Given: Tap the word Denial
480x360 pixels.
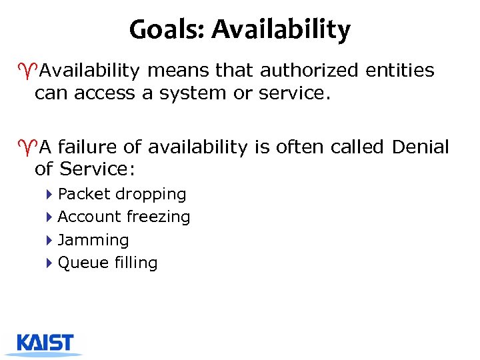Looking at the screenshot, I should click(x=421, y=147).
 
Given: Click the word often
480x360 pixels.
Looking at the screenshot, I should click(x=293, y=147).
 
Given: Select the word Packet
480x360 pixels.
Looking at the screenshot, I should click(x=84, y=195).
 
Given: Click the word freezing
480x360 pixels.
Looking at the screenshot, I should click(x=159, y=217).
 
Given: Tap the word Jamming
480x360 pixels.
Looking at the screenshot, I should click(x=93, y=240).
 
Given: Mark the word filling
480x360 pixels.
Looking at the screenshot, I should click(x=135, y=263).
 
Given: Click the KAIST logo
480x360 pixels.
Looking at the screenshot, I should click(x=45, y=343).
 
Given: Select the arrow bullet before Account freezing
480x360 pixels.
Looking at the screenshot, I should click(x=50, y=217).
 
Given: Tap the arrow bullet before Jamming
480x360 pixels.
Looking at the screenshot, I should click(x=50, y=240).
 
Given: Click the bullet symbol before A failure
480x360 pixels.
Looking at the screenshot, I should click(x=28, y=146).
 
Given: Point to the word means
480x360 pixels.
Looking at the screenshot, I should click(x=167, y=71).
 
